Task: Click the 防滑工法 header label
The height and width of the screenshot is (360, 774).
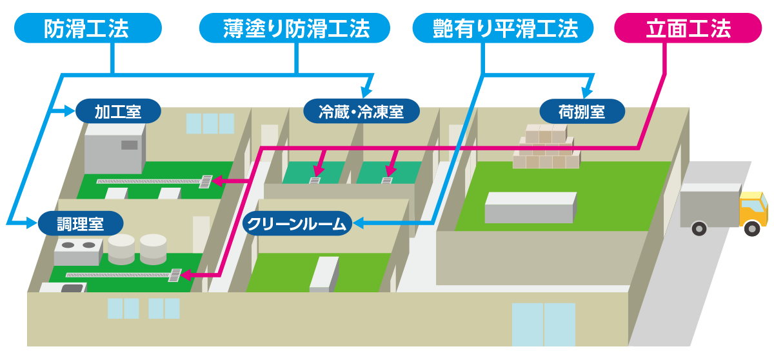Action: pyautogui.click(x=88, y=28)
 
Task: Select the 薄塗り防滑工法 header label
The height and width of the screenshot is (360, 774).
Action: pyautogui.click(x=295, y=28)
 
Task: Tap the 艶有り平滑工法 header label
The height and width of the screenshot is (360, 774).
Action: pyautogui.click(x=503, y=28)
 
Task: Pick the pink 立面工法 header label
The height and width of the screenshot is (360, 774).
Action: pyautogui.click(x=688, y=28)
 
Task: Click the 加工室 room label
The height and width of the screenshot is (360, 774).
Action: pyautogui.click(x=118, y=111)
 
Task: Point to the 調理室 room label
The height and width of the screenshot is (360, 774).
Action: pyautogui.click(x=81, y=223)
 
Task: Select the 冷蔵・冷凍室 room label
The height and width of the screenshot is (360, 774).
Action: pyautogui.click(x=361, y=111)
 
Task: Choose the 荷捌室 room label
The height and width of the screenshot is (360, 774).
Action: pyautogui.click(x=582, y=112)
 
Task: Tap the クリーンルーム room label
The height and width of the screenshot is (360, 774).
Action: pyautogui.click(x=297, y=223)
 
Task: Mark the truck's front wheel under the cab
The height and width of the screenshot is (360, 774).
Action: pyautogui.click(x=752, y=228)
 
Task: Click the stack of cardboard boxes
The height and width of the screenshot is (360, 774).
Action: pyautogui.click(x=546, y=146)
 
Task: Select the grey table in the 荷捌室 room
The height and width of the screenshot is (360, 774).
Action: pyautogui.click(x=530, y=207)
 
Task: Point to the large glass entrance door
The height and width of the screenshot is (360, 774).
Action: pyautogui.click(x=544, y=325)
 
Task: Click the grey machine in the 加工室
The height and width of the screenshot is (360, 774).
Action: pyautogui.click(x=115, y=148)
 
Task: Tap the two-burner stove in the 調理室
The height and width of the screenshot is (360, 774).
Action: pyautogui.click(x=79, y=252)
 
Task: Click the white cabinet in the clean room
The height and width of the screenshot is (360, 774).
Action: pyautogui.click(x=324, y=274)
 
